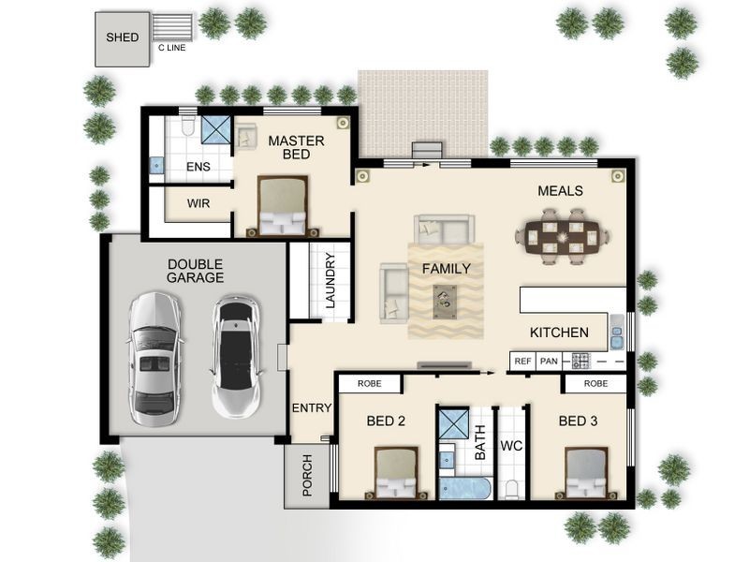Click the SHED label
pos(122,38)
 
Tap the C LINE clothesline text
pos(170,47)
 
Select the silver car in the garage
pos(155,354)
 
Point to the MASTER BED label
pos(296,148)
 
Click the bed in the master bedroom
pos(283,206)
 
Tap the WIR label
pos(198,203)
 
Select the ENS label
pos(198,168)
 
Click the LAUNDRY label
pos(330,281)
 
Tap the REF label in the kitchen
pos(522,361)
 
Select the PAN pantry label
pos(548,361)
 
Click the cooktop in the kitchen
pos(580,361)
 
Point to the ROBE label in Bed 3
pos(595,384)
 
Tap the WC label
pos(511,447)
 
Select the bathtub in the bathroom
pos(464,490)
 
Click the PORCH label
pos(307,476)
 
